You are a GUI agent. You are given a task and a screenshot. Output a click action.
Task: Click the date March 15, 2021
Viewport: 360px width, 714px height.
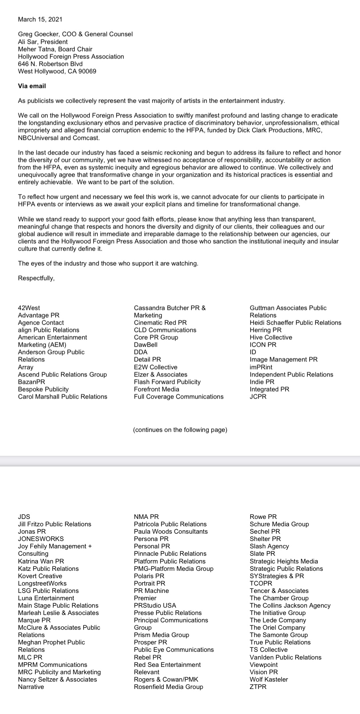40,19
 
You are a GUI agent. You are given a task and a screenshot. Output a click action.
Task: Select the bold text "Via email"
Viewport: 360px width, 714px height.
32,86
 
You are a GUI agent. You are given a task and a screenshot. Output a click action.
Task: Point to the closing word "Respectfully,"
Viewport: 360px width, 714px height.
36,278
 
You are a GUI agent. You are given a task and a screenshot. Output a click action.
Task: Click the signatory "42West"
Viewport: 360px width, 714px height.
29,308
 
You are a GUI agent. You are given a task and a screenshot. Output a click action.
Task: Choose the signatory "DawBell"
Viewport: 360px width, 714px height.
145,345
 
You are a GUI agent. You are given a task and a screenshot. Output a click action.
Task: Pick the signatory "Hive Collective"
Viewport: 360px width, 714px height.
271,337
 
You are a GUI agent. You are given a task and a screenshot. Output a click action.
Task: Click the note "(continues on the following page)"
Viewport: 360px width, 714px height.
180,430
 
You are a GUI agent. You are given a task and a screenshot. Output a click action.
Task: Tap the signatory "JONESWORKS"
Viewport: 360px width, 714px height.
41,539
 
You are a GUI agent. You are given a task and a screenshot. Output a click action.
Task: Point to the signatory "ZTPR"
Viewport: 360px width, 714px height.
258,687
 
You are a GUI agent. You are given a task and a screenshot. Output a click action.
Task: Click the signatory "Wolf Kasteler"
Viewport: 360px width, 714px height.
269,679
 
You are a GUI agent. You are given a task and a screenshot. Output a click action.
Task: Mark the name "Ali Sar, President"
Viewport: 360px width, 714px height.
43,42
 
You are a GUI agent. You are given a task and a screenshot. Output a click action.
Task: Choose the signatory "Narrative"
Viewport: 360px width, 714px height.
31,687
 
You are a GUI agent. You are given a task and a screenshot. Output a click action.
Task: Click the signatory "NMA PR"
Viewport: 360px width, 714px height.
146,517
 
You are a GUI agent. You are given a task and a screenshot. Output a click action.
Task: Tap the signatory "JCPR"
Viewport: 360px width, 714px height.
258,397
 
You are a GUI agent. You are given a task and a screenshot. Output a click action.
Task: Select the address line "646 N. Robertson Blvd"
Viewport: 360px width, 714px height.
50,64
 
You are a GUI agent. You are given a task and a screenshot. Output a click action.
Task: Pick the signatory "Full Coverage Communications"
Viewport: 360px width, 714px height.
179,397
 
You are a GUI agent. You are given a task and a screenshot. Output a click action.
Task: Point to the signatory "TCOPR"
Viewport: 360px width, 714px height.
261,583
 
